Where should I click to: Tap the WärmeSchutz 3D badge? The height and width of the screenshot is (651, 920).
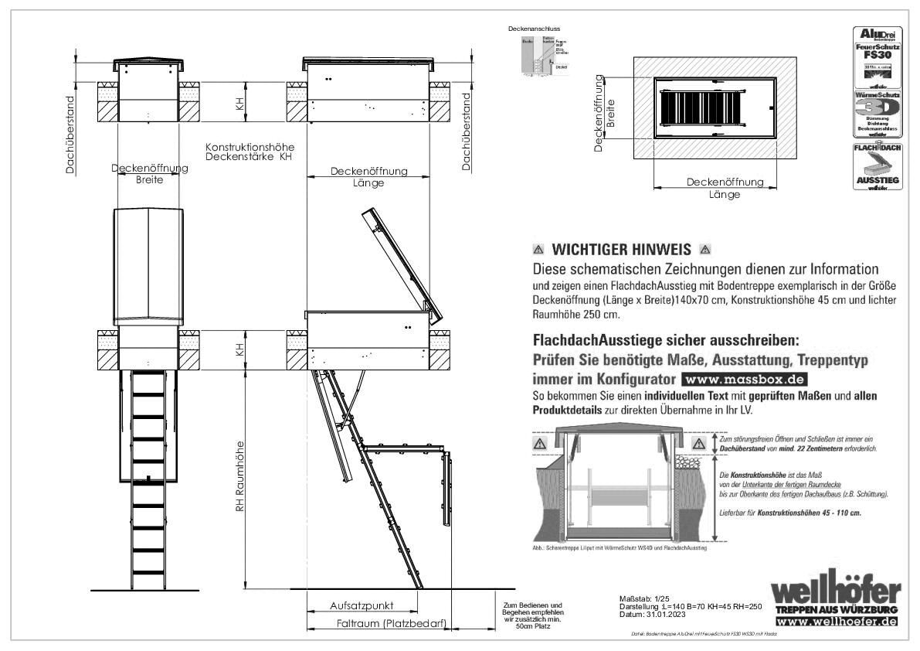875,113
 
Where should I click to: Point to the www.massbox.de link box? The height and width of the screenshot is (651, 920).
744,380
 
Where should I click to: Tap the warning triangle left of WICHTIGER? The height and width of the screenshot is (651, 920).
538,250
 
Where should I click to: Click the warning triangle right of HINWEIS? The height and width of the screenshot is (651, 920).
704,250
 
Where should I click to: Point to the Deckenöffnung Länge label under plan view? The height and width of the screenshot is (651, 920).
725,188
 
